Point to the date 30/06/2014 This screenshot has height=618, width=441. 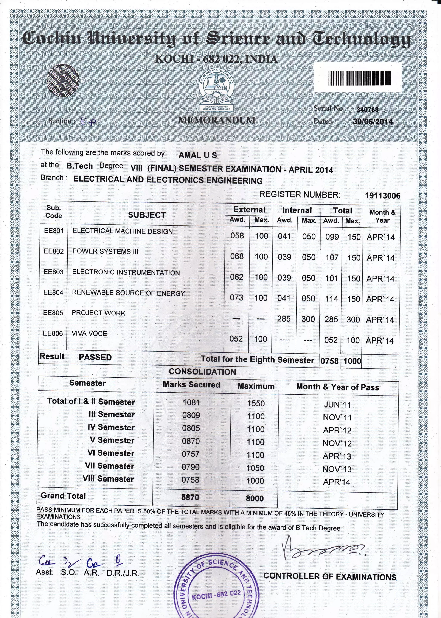pyautogui.click(x=373, y=122)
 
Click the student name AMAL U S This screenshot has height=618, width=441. pyautogui.click(x=198, y=155)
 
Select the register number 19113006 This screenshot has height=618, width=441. pyautogui.click(x=382, y=196)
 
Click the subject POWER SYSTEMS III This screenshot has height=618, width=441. pyautogui.click(x=105, y=251)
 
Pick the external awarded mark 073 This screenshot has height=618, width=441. pyautogui.click(x=236, y=297)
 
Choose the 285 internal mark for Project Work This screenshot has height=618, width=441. pyautogui.click(x=284, y=318)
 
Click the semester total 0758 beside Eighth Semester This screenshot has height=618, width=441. pyautogui.click(x=329, y=361)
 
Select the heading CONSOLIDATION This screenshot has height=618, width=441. pyautogui.click(x=202, y=372)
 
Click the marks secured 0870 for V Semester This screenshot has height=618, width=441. pyautogui.click(x=191, y=441)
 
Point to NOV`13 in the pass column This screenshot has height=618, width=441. pyautogui.click(x=337, y=469)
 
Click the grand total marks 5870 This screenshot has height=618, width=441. pyautogui.click(x=190, y=497)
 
